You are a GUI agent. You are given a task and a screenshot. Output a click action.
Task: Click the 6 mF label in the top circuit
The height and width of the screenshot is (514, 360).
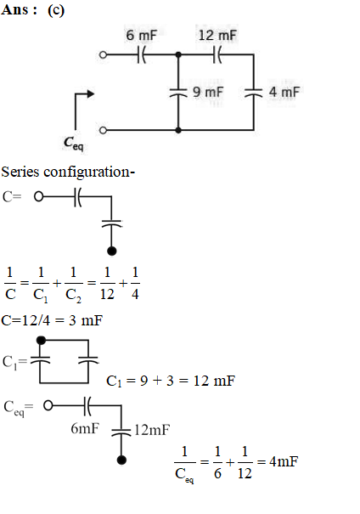(142, 36)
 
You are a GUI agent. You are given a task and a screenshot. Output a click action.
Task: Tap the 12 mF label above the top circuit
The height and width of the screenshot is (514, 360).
(217, 36)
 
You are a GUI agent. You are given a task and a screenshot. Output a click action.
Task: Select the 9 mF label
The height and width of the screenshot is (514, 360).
(208, 92)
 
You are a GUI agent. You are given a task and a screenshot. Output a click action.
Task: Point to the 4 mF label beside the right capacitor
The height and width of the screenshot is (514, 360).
(284, 92)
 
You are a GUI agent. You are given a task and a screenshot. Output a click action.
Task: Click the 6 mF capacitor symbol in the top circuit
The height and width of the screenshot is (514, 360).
(141, 54)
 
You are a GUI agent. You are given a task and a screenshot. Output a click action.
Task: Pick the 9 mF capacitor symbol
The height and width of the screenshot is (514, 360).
(178, 93)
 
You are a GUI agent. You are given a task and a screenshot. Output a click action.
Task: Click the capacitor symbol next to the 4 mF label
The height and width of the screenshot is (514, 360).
(254, 93)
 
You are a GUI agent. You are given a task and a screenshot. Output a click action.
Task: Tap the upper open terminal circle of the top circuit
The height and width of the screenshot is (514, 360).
(103, 54)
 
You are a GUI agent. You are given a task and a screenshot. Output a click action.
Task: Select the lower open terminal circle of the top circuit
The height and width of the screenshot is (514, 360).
(103, 131)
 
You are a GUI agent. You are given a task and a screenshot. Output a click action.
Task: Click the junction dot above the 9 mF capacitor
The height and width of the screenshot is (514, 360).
(178, 54)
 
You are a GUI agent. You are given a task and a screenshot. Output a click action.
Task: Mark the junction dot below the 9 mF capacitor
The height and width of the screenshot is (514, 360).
(178, 131)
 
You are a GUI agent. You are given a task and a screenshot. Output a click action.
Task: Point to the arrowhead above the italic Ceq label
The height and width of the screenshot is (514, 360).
(90, 94)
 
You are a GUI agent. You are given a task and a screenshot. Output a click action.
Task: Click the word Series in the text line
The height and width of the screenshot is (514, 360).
(20, 172)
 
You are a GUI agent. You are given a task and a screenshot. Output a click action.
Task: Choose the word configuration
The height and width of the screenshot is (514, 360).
(87, 172)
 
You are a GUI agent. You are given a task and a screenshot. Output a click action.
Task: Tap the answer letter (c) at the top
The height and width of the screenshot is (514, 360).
(56, 10)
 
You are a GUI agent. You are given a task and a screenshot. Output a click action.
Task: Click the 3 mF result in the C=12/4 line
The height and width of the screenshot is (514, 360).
(86, 320)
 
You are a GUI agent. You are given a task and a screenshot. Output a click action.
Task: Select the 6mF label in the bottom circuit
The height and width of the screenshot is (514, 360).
(85, 428)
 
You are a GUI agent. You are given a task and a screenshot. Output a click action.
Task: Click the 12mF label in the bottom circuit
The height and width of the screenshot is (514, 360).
(152, 430)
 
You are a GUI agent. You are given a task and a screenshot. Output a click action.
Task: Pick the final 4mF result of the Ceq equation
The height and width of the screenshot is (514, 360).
(284, 461)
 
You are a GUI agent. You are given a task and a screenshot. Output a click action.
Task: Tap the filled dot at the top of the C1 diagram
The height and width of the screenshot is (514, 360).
(41, 341)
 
